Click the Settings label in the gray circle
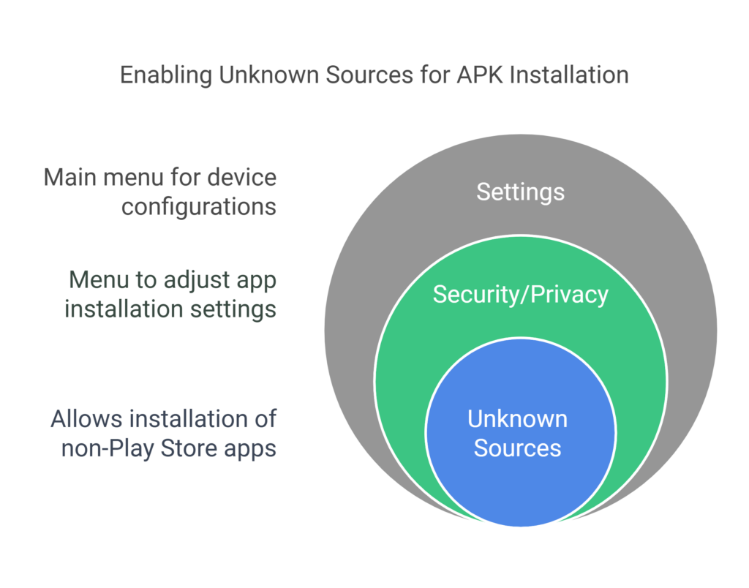(520, 192)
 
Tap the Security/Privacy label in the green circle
(520, 294)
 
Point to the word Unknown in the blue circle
(517, 419)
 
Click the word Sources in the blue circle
(517, 448)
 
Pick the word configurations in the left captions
(199, 206)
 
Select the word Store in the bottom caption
(192, 448)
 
